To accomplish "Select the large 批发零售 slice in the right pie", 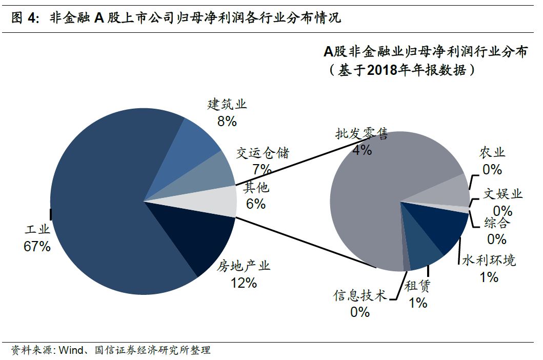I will click(369, 195).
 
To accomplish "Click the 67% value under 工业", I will click(37, 246).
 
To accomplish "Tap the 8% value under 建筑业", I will click(227, 121).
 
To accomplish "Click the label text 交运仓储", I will click(263, 153).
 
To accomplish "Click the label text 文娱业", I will click(502, 194).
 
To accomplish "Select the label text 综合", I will click(497, 223).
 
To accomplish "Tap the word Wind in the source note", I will click(70, 350).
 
